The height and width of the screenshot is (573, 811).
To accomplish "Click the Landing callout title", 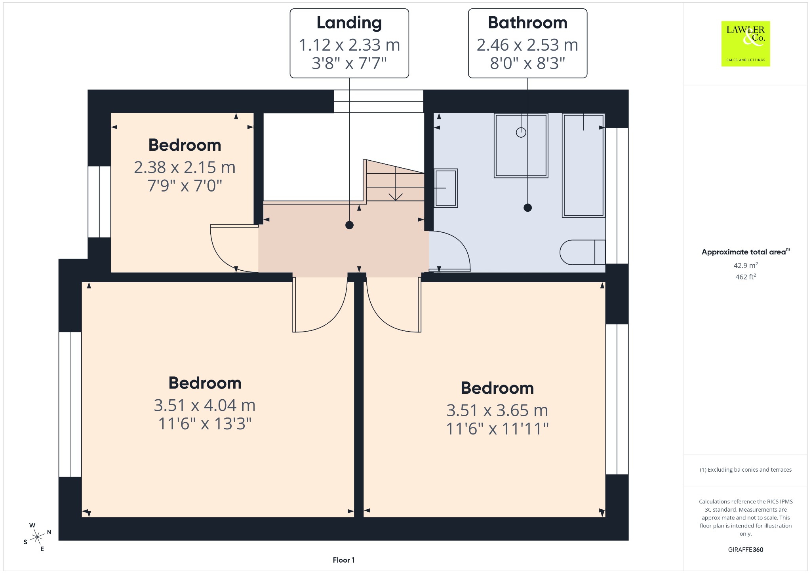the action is coord(349,23).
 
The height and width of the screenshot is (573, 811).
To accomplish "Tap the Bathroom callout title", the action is coord(527,23).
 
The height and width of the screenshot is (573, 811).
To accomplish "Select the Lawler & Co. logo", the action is coord(746,44).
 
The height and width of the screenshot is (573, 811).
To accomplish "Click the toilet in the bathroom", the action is coord(583,252).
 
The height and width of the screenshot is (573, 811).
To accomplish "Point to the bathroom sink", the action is coord(446,188).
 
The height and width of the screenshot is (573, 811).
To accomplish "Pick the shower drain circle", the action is coord(521,133).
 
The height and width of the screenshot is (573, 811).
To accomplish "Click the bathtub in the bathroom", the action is coord(584,165).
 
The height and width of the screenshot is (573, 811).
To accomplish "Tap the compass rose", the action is coord(37,537).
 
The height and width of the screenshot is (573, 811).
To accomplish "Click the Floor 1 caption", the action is coord(344,560).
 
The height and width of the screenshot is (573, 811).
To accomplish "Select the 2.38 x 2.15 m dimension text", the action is coord(185,167).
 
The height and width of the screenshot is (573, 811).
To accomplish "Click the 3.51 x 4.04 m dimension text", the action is coord(205,405).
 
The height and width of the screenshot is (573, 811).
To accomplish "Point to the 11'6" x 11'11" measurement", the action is coord(497,429).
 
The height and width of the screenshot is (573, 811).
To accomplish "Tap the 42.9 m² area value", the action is coord(746,266).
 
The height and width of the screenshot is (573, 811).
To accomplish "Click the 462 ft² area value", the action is coord(746,277).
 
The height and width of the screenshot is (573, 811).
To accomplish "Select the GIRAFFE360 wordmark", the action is coord(746,549).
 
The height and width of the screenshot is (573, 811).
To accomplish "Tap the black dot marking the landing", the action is coord(349,225).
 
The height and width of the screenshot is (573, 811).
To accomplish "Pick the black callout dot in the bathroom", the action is coord(527,207).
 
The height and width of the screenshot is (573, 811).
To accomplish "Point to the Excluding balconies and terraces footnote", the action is coord(746,470).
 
